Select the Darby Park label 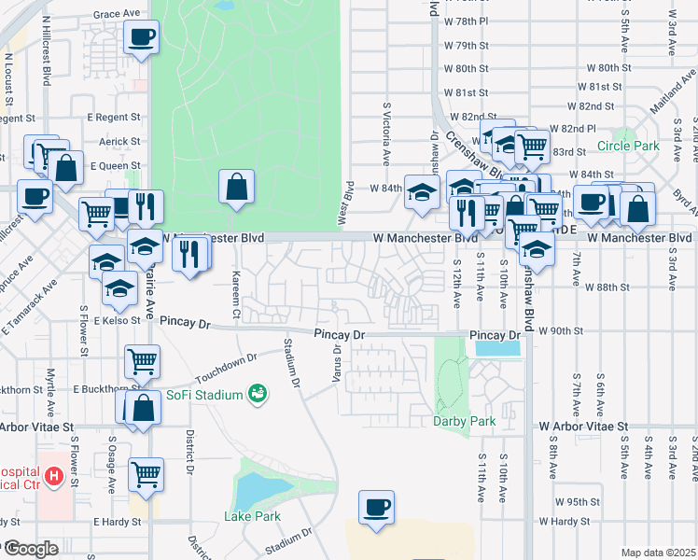[x=464, y=421]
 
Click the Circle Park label [x=628, y=146]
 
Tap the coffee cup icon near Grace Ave [x=141, y=38]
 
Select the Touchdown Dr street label [x=226, y=371]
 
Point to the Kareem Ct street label [x=236, y=290]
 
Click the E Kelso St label [x=115, y=320]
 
